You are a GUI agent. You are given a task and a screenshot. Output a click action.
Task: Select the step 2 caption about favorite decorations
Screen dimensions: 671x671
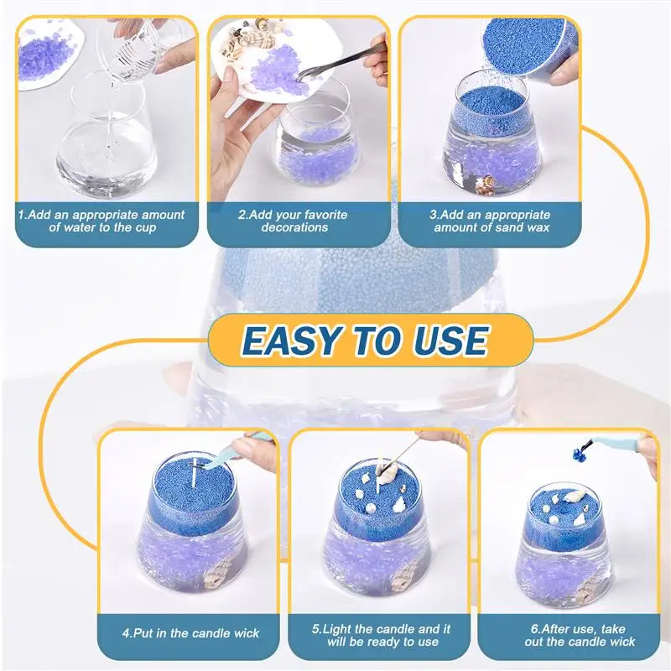pyautogui.click(x=293, y=221)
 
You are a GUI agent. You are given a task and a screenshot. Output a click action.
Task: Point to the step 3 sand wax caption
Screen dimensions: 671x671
pyautogui.click(x=492, y=221)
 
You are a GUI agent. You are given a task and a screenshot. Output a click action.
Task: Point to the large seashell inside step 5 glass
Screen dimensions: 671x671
pyautogui.click(x=403, y=576)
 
